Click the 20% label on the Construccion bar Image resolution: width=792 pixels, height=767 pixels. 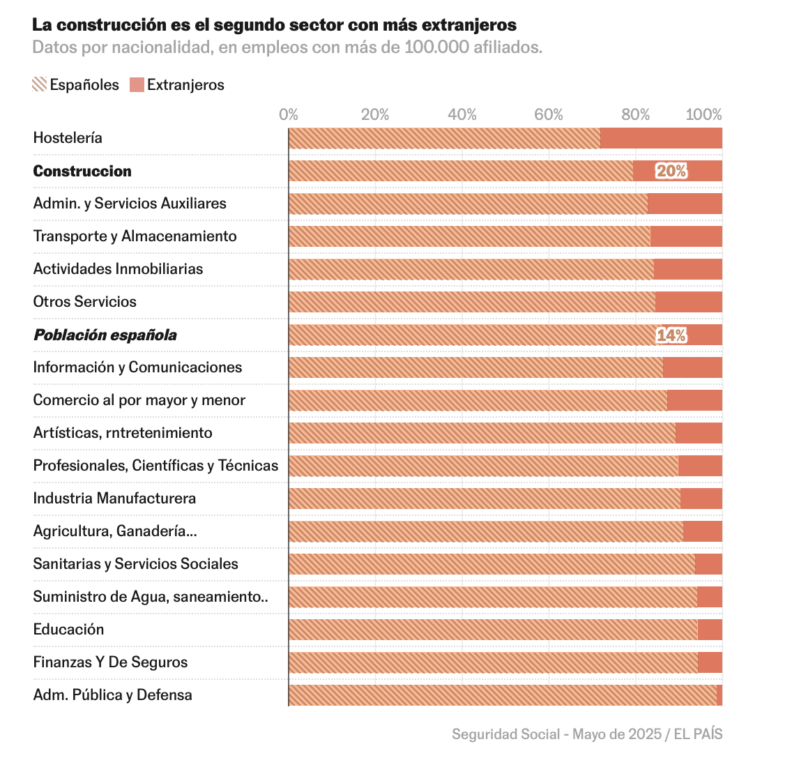tap(671, 171)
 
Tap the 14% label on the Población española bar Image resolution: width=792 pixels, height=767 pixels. tap(671, 335)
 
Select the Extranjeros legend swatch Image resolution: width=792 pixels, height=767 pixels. tap(137, 85)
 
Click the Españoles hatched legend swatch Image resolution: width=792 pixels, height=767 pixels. tap(40, 85)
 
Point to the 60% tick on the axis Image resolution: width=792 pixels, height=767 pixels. tap(549, 115)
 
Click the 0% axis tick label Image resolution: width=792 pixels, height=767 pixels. tap(289, 115)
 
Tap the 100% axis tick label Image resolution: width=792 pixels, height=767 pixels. tap(703, 115)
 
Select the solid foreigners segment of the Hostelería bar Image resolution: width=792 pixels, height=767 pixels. tap(661, 138)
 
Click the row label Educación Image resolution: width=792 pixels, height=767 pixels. tap(68, 630)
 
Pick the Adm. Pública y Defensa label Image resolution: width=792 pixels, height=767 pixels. tap(112, 695)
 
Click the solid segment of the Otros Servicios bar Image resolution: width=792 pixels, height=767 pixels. tap(688, 302)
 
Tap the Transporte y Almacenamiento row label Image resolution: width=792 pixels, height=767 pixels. tap(135, 236)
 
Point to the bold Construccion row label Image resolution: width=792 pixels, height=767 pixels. tap(82, 172)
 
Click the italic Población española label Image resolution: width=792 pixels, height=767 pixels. tap(105, 335)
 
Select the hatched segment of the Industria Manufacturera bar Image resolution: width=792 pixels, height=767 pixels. tap(484, 499)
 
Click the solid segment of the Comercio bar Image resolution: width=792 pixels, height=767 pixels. tap(694, 400)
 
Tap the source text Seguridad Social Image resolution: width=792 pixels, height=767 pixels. tap(505, 734)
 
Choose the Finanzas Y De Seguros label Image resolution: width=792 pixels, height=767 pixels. tap(110, 662)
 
